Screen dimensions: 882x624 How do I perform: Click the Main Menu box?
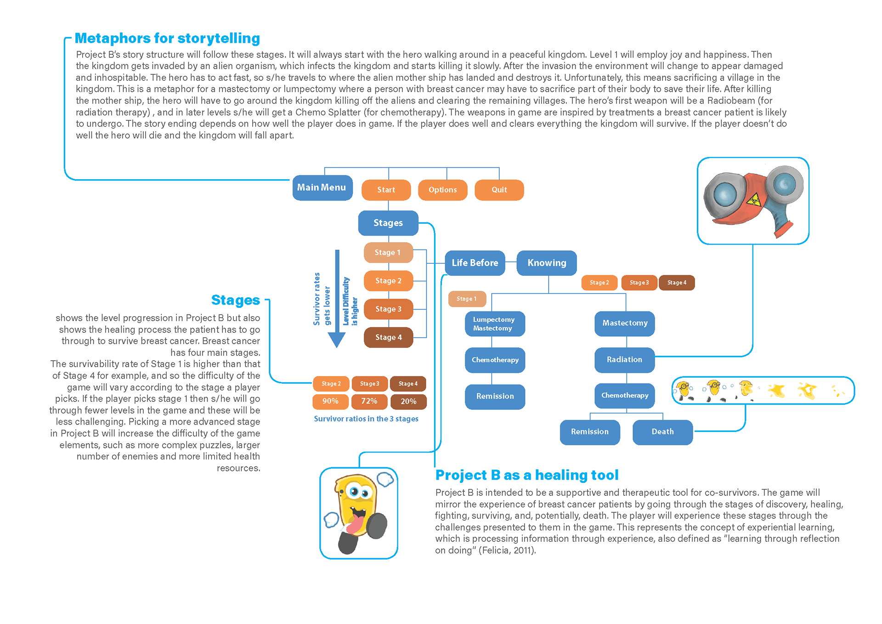322,187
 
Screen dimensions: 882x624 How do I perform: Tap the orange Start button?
386,190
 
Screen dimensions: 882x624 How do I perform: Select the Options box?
443,190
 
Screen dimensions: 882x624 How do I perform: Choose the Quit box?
499,190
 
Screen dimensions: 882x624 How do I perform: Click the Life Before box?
475,263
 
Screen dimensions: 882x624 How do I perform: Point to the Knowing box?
547,263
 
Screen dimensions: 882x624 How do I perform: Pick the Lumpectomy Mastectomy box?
495,324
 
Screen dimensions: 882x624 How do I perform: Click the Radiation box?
625,360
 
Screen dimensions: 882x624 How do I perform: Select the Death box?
663,432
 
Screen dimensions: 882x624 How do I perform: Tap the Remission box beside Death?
590,432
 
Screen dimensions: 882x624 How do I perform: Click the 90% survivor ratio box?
331,401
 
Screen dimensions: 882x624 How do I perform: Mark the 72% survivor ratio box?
369,401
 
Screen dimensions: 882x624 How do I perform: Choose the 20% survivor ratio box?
408,401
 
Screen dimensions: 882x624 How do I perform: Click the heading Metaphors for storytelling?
167,38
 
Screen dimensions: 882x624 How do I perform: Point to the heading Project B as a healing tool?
527,475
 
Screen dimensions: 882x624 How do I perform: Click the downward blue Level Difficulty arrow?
337,299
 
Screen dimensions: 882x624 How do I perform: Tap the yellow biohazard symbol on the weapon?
753,200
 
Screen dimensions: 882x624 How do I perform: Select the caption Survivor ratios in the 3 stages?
366,419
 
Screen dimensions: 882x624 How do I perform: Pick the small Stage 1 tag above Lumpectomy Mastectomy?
467,299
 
